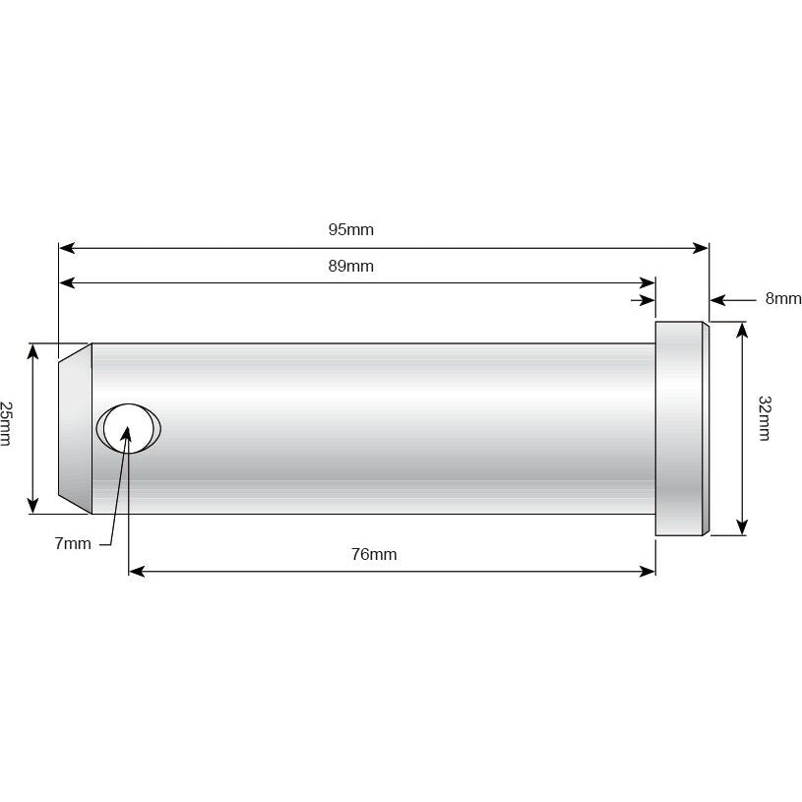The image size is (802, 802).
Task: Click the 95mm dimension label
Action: pyautogui.click(x=351, y=230)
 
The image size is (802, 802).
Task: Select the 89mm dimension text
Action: pyautogui.click(x=351, y=266)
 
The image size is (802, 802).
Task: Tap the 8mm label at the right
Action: pyautogui.click(x=782, y=298)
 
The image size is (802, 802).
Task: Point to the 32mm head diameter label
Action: pyautogui.click(x=766, y=417)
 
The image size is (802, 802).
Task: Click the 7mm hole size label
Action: pyautogui.click(x=73, y=543)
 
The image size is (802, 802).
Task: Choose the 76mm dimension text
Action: pyautogui.click(x=374, y=555)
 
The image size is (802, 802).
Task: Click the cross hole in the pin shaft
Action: pyautogui.click(x=127, y=429)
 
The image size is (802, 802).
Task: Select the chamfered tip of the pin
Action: pyautogui.click(x=75, y=428)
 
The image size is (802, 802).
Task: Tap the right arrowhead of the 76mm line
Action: pyautogui.click(x=648, y=571)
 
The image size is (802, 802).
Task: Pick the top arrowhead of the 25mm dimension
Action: pyautogui.click(x=34, y=350)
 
